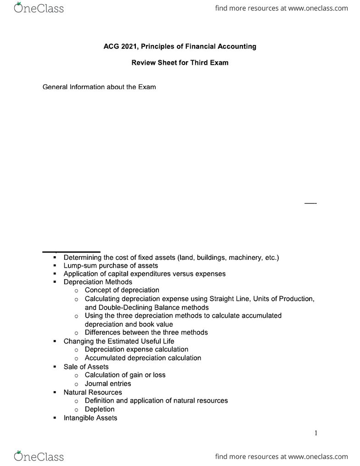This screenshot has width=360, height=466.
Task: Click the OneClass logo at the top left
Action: tap(39, 8)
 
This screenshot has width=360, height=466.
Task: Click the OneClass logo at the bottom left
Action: tap(39, 456)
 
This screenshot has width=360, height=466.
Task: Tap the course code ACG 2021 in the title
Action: tap(119, 46)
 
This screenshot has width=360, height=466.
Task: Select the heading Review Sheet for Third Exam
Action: tap(180, 63)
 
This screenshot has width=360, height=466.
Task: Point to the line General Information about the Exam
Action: tap(99, 87)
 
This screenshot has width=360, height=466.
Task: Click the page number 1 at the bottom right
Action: tap(316, 433)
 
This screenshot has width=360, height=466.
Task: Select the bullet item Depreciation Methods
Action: tap(98, 282)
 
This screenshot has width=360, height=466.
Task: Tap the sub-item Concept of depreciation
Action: tap(122, 290)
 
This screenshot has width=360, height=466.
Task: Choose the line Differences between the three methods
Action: tap(146, 332)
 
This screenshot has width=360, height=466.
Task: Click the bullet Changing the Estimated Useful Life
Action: tap(119, 341)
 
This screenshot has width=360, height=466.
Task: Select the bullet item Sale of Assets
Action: tap(86, 366)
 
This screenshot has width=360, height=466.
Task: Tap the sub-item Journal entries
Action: tap(108, 383)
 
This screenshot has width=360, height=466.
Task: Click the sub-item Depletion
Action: tap(100, 409)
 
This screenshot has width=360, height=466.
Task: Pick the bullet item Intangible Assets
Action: tap(90, 418)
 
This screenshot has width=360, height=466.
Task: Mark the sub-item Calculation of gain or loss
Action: tap(125, 375)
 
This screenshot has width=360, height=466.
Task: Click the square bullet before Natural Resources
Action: tap(55, 393)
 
